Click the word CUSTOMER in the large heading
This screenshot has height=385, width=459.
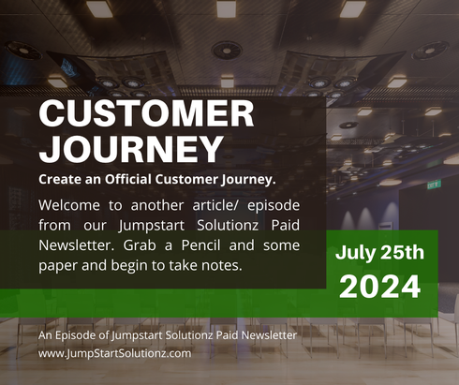tap(146, 114)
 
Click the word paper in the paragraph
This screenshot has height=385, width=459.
tap(61, 265)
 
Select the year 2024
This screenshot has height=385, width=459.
tap(380, 287)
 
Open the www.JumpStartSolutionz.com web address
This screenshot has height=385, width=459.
tap(114, 353)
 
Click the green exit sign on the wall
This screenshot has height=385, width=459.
tap(434, 185)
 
